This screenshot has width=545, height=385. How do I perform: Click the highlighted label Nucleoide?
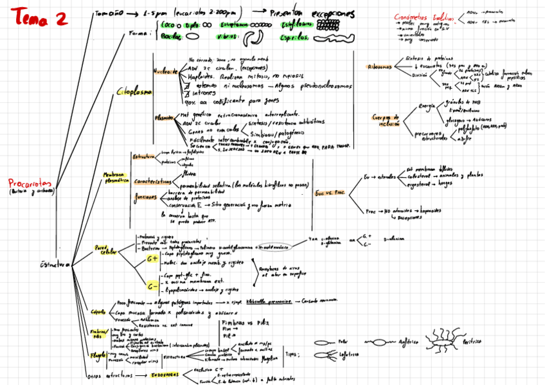point(165,72)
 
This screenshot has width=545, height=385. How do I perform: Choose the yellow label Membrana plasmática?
point(116,177)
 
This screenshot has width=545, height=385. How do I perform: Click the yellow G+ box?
point(152,258)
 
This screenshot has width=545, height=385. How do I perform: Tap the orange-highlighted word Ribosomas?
point(379,66)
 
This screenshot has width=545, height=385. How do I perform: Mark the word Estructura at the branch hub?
point(55,265)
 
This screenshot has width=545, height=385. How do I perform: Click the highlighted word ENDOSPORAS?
point(165,373)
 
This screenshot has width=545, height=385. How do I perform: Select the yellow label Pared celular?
point(106,249)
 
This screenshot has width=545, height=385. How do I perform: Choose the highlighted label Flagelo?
point(98,354)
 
